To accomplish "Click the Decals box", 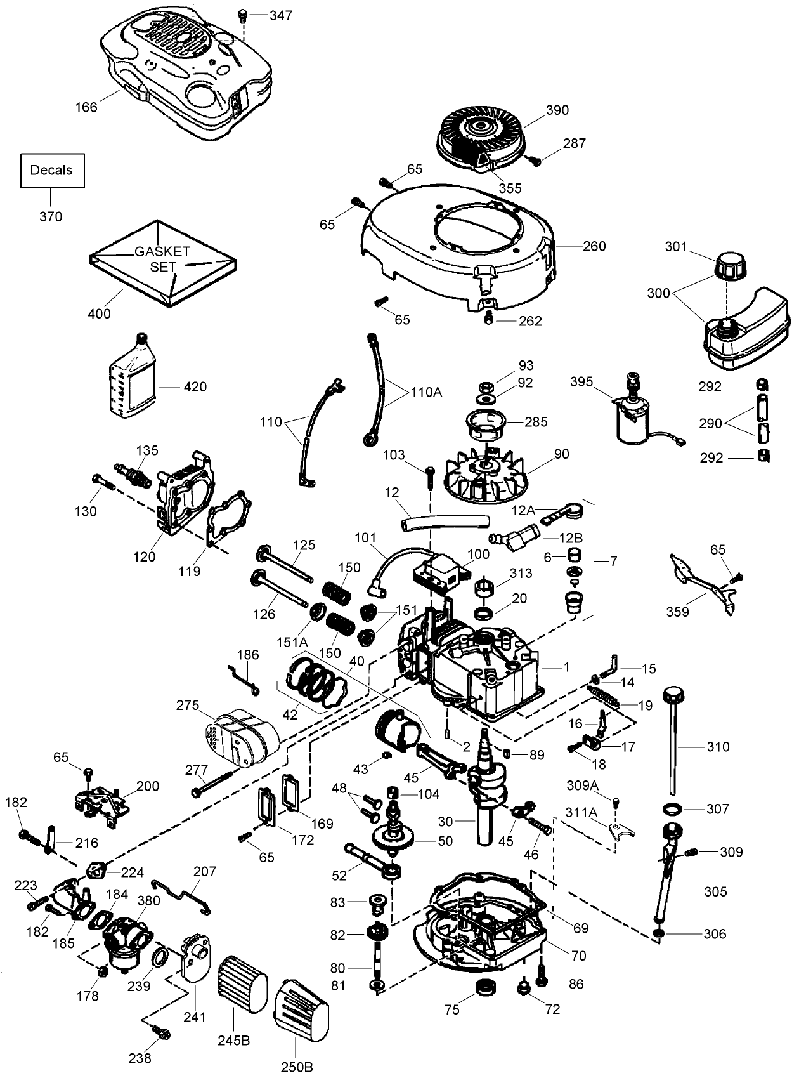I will [51, 170].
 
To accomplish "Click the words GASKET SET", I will [162, 259].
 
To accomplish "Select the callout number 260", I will [594, 246].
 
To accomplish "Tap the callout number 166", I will [86, 107].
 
